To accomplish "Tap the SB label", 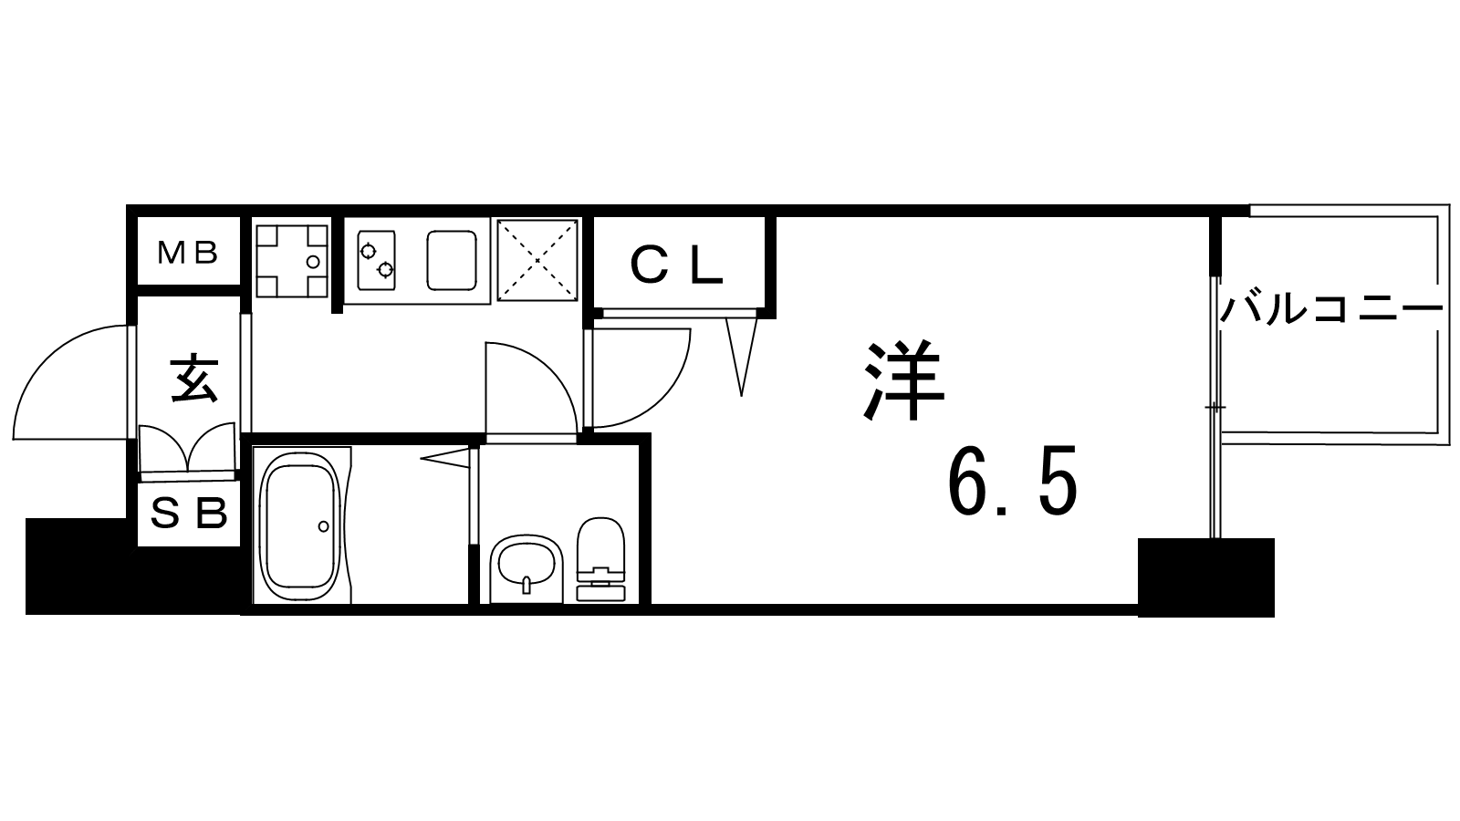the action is pyautogui.click(x=189, y=514).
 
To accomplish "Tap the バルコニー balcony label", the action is pyautogui.click(x=1330, y=310).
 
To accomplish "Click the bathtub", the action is pyautogui.click(x=300, y=525).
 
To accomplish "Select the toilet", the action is pyautogui.click(x=601, y=559).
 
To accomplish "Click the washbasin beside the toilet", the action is pyautogui.click(x=526, y=568).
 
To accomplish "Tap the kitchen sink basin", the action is pyautogui.click(x=451, y=260).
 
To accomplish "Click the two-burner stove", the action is pyautogui.click(x=376, y=260).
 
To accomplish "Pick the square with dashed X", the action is pyautogui.click(x=537, y=260).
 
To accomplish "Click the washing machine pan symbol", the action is pyautogui.click(x=291, y=261).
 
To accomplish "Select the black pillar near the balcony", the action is pyautogui.click(x=1205, y=577).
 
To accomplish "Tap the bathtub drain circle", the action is pyautogui.click(x=324, y=526).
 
